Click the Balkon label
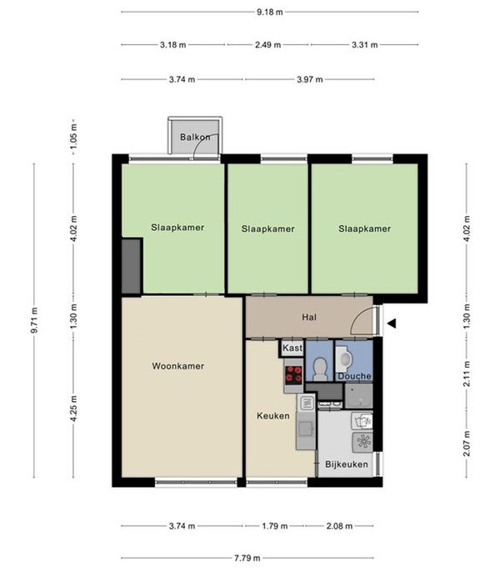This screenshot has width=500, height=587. pyautogui.click(x=195, y=137)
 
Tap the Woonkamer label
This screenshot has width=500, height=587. pyautogui.click(x=178, y=366)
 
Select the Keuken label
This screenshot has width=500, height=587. pyautogui.click(x=273, y=415)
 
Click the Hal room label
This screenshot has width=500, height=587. pyautogui.click(x=309, y=318)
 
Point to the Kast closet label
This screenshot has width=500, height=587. pyautogui.click(x=292, y=349)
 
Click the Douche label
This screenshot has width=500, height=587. pyautogui.click(x=355, y=376)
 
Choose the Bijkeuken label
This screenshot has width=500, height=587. pyautogui.click(x=347, y=464)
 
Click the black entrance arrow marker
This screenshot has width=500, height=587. pyautogui.click(x=392, y=324)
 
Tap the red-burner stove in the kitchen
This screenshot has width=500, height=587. pyautogui.click(x=293, y=374)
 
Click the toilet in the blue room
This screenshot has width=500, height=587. pyautogui.click(x=320, y=368)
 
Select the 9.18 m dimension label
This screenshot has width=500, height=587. pyautogui.click(x=269, y=12)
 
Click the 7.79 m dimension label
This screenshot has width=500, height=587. pyautogui.click(x=247, y=558)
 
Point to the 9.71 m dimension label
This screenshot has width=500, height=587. pyautogui.click(x=34, y=319)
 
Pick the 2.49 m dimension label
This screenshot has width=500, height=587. pyautogui.click(x=268, y=45)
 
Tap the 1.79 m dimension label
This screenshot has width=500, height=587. pyautogui.click(x=275, y=526)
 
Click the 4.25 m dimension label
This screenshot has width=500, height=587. pyautogui.click(x=73, y=409)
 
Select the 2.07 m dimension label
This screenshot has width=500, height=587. pyautogui.click(x=467, y=444)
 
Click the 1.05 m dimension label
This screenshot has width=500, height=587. pyautogui.click(x=73, y=136)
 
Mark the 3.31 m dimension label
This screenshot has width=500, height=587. pyautogui.click(x=364, y=45)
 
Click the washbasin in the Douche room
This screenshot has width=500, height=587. pyautogui.click(x=344, y=359)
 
